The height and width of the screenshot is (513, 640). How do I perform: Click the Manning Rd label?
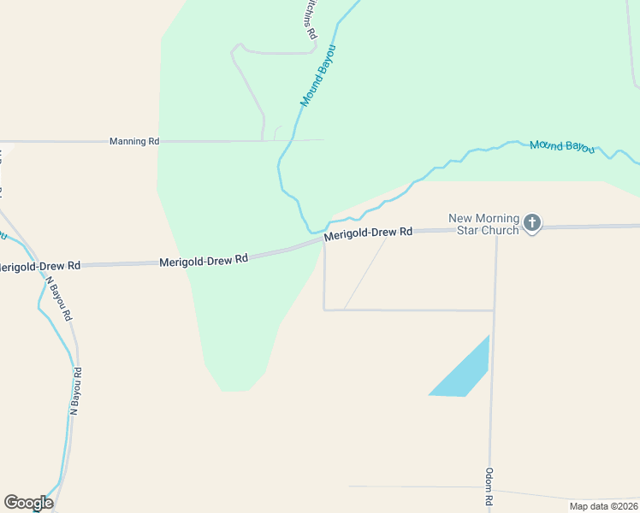pos(134,141)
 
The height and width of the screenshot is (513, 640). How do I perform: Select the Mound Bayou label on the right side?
pos(561,146)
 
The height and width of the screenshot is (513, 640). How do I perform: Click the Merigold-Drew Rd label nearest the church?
pos(370,233)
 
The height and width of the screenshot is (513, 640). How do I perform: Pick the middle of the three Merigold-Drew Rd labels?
pos(204,259)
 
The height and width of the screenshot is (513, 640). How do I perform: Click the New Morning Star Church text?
pos(483,224)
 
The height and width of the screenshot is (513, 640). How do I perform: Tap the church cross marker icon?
pos(531,224)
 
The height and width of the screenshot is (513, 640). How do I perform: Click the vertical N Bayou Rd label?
pos(74,392)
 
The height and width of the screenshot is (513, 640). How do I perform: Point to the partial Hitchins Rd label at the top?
pos(310,19)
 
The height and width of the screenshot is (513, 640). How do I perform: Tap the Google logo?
pos(28,503)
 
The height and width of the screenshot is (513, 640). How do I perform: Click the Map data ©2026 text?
pos(603,506)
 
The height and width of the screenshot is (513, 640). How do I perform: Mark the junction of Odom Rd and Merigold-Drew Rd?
pos(496,229)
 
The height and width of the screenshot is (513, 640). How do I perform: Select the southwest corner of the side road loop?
pos(324,310)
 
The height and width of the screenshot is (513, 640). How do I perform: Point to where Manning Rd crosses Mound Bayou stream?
pos(294,139)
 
